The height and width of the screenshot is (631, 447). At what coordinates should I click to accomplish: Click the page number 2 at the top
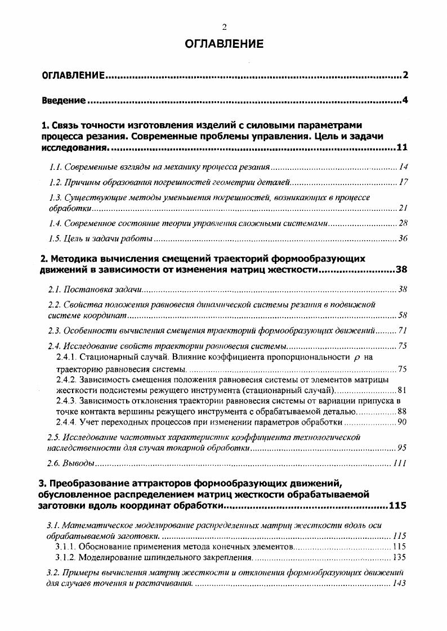point(223,27)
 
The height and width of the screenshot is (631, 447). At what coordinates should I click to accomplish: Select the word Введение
point(64,101)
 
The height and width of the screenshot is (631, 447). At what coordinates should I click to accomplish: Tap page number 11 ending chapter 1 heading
point(401,148)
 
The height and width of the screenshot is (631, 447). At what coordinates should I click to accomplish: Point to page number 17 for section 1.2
point(403,182)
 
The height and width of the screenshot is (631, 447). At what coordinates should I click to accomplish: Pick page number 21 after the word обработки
point(403,208)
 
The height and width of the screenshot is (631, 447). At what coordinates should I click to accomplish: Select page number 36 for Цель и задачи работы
point(403,238)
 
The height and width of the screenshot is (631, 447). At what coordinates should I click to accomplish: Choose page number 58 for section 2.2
point(403,315)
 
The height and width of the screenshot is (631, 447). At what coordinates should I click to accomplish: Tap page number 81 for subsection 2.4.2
point(402,390)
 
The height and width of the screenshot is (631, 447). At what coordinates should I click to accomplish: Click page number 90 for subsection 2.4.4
point(402,422)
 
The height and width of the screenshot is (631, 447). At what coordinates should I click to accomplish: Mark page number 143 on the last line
point(399,583)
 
